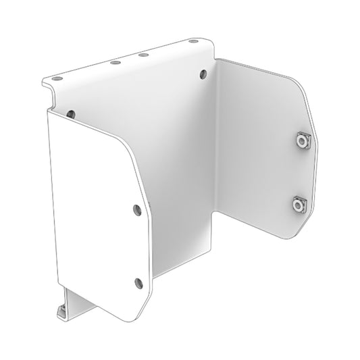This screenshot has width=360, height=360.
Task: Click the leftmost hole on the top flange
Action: click(x=57, y=77)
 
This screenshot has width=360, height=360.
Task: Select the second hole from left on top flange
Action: click(x=116, y=63)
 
